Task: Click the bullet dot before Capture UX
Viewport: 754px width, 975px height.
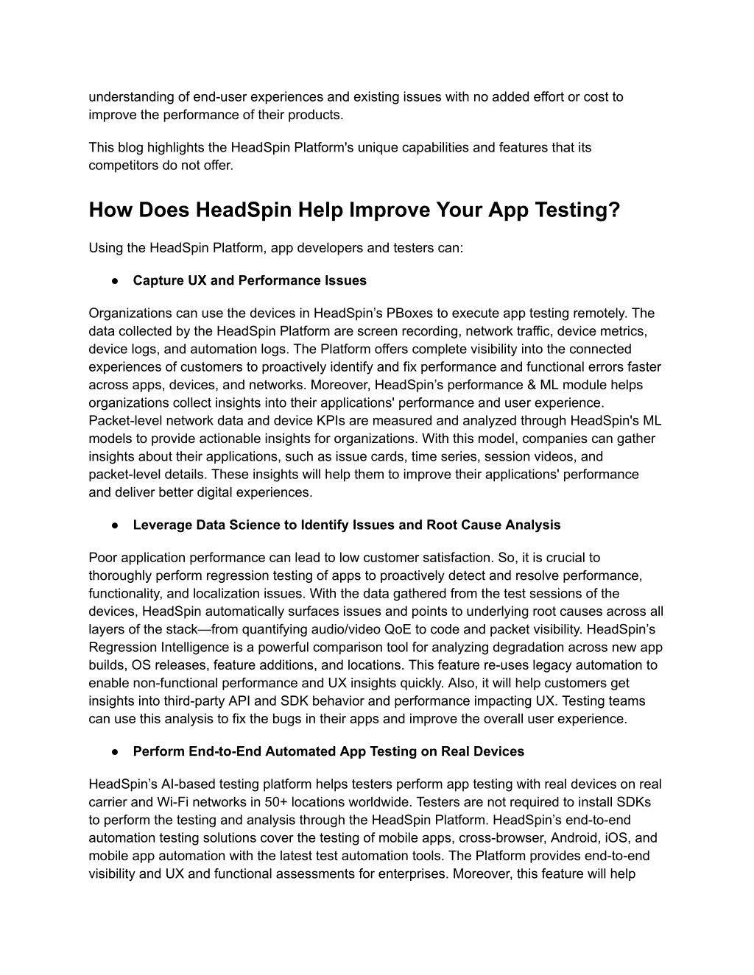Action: click(116, 280)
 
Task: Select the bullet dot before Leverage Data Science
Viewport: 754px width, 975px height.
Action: click(116, 525)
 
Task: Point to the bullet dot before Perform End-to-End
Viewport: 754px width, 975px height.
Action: click(116, 751)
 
